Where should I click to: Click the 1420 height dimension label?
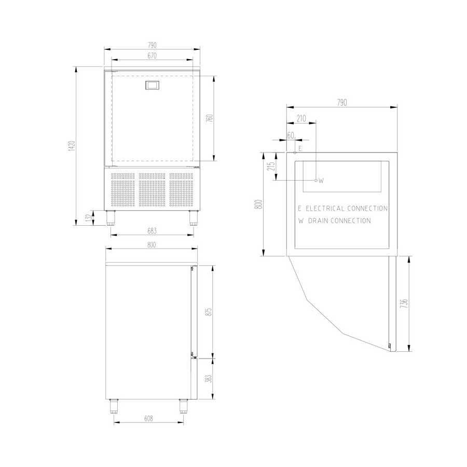[x=72, y=146]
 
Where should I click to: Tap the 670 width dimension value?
[x=152, y=56]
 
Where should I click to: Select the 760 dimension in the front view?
[x=210, y=118]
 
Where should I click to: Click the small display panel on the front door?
[x=152, y=85]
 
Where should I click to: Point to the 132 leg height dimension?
[x=88, y=218]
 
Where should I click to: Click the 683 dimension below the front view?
[x=152, y=231]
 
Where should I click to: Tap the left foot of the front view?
[x=111, y=218]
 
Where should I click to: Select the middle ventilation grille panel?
[x=152, y=190]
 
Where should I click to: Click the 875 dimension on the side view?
[x=209, y=311]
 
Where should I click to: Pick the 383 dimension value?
[x=209, y=378]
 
